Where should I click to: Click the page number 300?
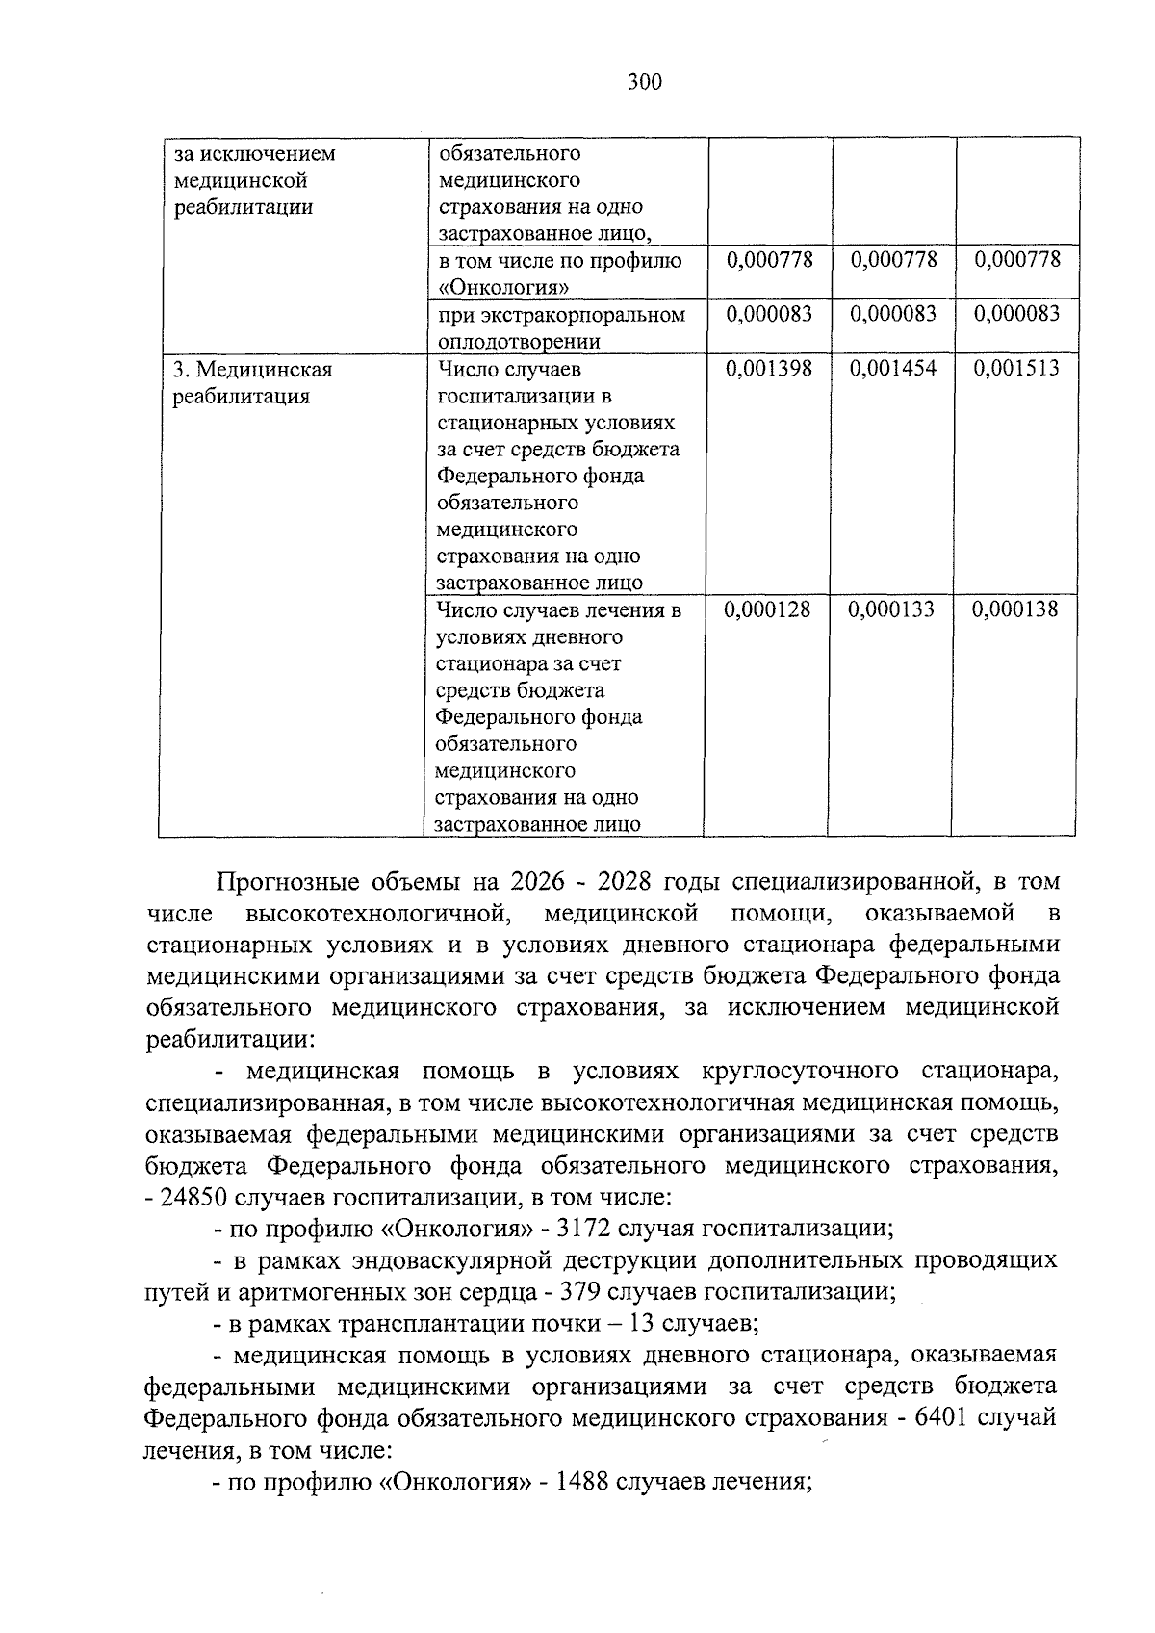(645, 83)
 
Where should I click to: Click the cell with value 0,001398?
(768, 369)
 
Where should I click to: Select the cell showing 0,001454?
(892, 369)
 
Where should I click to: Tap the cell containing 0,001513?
(1016, 369)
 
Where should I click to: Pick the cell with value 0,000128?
(767, 609)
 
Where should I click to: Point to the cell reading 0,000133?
(891, 609)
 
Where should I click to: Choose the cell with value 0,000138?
(1015, 609)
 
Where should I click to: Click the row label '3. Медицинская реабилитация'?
(252, 382)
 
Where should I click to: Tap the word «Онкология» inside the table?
(503, 288)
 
